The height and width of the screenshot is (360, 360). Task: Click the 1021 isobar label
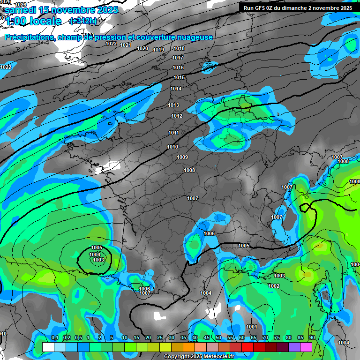(125, 45)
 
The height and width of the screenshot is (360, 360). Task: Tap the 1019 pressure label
(158, 50)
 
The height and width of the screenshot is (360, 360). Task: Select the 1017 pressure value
(178, 58)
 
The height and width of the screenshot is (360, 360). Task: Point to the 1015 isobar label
(179, 77)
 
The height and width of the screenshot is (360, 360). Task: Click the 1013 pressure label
(173, 105)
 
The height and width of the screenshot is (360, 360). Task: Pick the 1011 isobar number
(173, 133)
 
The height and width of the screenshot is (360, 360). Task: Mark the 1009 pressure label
(182, 157)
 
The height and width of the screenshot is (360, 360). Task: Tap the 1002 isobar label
(274, 286)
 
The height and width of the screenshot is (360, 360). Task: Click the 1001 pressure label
(252, 327)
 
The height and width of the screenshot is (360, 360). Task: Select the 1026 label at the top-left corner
(21, 4)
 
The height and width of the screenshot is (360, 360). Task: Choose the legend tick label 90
(312, 337)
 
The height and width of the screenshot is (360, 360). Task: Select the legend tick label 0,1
(55, 337)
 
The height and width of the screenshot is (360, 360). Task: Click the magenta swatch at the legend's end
(306, 347)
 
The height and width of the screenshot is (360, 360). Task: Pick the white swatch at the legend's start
(48, 347)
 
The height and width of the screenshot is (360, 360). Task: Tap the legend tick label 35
(183, 337)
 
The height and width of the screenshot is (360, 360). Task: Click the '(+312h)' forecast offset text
(83, 21)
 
